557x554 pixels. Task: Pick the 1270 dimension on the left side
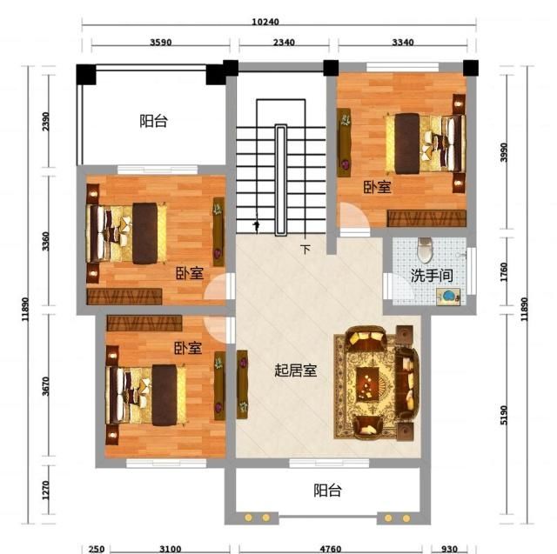coord(45,497)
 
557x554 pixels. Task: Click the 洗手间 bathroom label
coord(431,277)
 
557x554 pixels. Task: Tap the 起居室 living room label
coord(295,370)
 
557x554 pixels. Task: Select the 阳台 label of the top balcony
coord(153,122)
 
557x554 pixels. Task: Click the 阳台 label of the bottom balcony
coord(327,491)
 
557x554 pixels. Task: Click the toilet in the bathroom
coord(425,250)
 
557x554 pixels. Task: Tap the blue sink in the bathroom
coord(449,297)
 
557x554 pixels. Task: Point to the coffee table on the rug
coord(371,383)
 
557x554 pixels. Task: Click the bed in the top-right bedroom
coord(424,143)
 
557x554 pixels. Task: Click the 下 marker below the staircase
coord(305,250)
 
